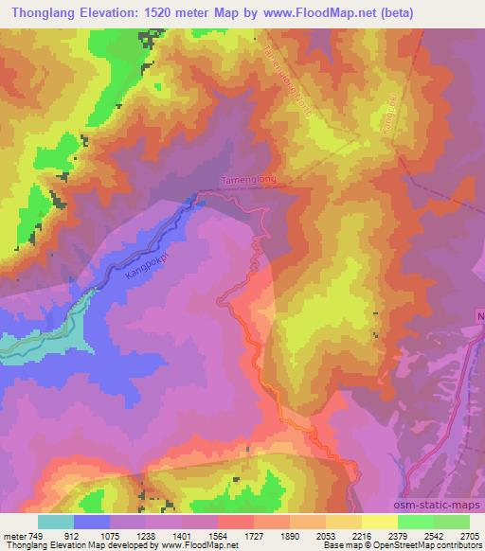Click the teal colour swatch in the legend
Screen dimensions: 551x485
pyautogui.click(x=56, y=522)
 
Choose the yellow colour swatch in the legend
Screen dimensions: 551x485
pyautogui.click(x=380, y=522)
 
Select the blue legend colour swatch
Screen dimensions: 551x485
pyautogui.click(x=92, y=522)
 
